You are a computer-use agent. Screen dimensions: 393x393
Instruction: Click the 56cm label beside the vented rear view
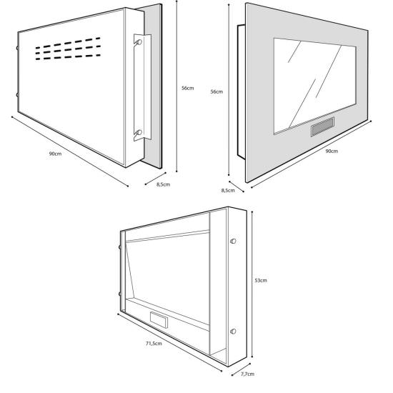(x=187, y=88)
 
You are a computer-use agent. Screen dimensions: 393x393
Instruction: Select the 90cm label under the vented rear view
(x=55, y=154)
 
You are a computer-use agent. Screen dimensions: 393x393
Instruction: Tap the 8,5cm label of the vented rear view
(x=163, y=184)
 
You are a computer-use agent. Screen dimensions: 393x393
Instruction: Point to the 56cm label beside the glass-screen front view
(x=217, y=91)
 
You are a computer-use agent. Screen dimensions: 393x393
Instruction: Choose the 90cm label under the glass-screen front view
(x=332, y=151)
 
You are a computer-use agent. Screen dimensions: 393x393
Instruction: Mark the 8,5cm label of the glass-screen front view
(x=228, y=191)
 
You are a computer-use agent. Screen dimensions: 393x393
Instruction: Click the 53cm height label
(x=261, y=281)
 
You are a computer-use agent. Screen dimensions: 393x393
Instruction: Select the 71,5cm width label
(x=154, y=344)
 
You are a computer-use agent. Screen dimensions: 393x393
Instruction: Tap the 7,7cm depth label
(x=248, y=374)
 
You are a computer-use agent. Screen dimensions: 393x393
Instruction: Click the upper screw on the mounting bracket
(x=139, y=42)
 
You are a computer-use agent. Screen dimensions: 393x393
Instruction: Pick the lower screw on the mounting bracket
(x=139, y=132)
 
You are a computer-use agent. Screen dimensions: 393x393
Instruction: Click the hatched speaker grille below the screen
(x=322, y=126)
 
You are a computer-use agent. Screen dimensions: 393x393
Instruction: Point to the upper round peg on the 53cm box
(x=233, y=241)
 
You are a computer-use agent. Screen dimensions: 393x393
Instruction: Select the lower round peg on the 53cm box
(x=233, y=332)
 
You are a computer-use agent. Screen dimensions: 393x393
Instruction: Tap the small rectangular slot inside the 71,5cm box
(x=159, y=320)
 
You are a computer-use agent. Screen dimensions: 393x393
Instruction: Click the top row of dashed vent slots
(x=68, y=43)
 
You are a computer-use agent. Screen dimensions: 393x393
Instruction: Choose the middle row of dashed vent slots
(x=68, y=50)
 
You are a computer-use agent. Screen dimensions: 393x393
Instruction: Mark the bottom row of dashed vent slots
(x=68, y=57)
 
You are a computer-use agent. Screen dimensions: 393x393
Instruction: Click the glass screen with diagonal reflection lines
(x=315, y=86)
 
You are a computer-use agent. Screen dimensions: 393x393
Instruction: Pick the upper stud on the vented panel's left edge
(x=17, y=48)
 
